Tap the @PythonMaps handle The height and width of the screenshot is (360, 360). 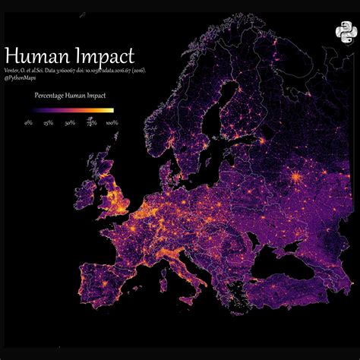(x=23, y=79)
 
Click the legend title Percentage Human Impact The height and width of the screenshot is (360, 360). (x=70, y=96)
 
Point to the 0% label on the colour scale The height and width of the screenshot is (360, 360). (x=28, y=122)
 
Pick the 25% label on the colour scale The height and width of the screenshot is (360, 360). (x=49, y=122)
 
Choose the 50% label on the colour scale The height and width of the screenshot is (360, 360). (x=70, y=122)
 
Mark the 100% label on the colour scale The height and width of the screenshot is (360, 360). (x=112, y=122)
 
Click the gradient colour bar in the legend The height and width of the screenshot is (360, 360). (x=70, y=111)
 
